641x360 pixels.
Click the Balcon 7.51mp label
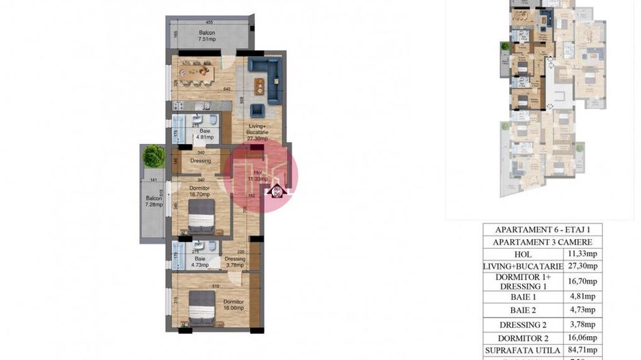point(206,36)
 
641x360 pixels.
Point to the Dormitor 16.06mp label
point(233,305)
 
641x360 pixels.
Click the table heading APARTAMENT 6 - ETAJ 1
point(541,229)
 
